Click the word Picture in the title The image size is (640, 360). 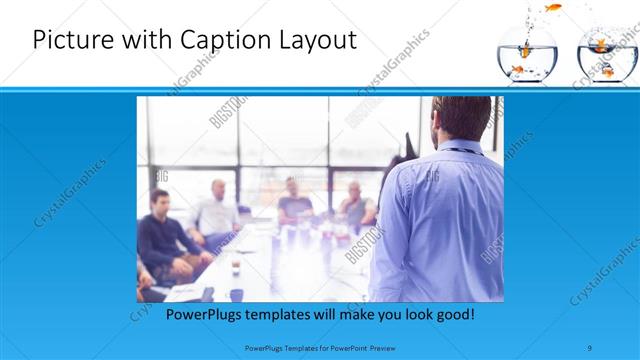tap(74, 42)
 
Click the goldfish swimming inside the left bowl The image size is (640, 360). tap(517, 68)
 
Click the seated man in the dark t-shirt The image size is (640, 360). tap(293, 200)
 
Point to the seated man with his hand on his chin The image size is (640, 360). tap(354, 203)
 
